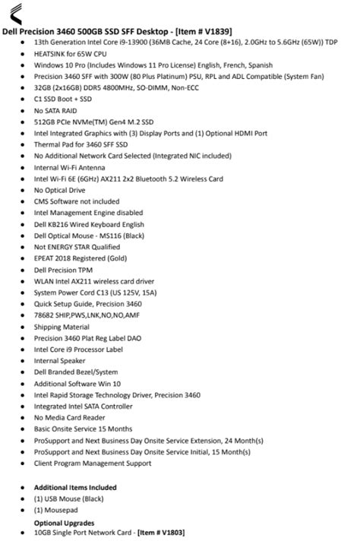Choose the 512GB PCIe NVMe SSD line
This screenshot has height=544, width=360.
point(94,122)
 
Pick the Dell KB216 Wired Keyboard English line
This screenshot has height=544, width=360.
point(89,224)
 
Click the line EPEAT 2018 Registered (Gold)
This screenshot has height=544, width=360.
point(81,258)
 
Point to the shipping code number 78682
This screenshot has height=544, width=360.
point(43,315)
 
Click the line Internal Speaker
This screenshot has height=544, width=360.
point(60,361)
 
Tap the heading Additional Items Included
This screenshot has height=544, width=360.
point(75,487)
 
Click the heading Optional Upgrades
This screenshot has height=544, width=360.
point(64,523)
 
